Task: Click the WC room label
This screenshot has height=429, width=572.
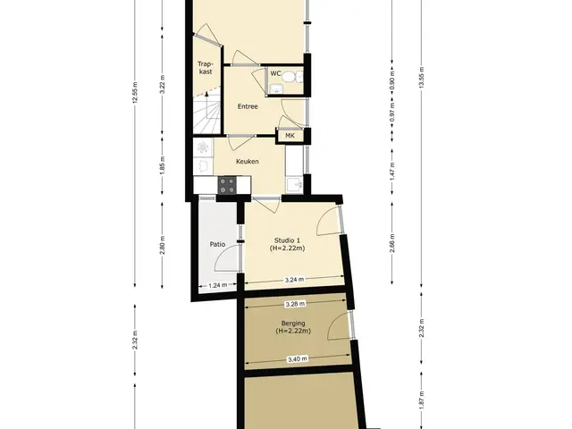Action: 275,73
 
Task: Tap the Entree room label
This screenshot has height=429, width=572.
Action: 248,106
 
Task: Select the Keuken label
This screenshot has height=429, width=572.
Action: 248,161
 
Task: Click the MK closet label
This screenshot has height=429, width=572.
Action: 290,136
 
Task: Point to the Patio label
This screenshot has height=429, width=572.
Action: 217,244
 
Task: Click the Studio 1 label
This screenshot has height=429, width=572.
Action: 288,244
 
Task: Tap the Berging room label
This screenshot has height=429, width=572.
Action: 293,327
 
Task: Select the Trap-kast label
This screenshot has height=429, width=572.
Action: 206,68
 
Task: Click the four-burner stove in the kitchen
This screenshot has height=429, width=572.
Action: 226,185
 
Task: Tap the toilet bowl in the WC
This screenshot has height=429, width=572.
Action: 290,77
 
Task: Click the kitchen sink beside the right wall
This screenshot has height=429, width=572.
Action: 294,185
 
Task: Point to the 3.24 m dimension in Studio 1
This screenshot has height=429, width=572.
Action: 294,280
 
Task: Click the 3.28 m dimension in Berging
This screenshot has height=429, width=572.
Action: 295,303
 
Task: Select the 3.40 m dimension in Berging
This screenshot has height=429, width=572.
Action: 297,359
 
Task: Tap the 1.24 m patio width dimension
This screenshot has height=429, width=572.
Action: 218,285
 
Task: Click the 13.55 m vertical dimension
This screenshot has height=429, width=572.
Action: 421,78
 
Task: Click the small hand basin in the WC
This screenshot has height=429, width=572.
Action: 275,88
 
